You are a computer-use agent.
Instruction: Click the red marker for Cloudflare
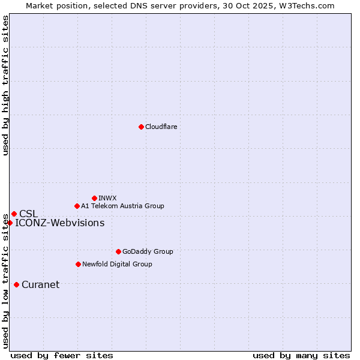(141, 127)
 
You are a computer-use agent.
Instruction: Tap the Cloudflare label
(161, 127)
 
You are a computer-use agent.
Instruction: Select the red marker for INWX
(94, 198)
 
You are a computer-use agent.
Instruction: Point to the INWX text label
(107, 198)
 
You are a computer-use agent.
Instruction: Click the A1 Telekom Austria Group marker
(77, 206)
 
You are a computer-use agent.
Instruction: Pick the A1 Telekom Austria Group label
(122, 206)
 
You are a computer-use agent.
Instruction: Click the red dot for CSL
(14, 214)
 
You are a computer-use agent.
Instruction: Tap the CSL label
(28, 214)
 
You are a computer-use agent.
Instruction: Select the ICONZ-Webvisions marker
(10, 223)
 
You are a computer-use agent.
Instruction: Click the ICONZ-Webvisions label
(59, 223)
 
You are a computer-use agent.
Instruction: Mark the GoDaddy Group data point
(118, 251)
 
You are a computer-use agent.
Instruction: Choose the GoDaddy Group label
(147, 251)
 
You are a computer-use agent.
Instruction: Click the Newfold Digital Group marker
(78, 264)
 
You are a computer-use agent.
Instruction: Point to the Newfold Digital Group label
(117, 264)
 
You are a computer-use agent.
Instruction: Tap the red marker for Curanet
(16, 284)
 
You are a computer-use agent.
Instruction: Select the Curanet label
(40, 284)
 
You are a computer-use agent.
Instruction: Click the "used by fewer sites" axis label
(62, 355)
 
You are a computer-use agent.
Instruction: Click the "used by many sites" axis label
(301, 355)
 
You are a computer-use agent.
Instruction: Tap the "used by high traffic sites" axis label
(5, 85)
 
